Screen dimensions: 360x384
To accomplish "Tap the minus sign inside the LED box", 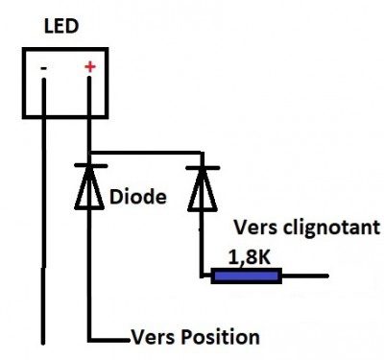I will (44, 68).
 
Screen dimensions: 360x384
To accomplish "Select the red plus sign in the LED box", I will (91, 66).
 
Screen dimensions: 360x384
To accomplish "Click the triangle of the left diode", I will (90, 191).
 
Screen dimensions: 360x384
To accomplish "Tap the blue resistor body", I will (246, 276).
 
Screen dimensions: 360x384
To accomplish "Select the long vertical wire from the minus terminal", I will (44, 221).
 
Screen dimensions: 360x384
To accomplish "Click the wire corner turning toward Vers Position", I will (90, 339).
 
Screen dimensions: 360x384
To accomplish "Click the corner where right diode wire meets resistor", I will (203, 276).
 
